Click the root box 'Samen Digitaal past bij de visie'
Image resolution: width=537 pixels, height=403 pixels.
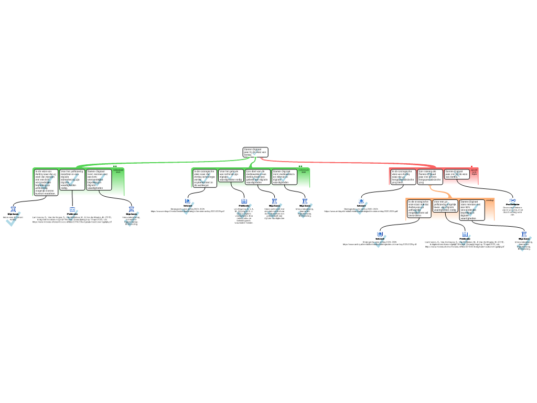pyautogui.click(x=255, y=152)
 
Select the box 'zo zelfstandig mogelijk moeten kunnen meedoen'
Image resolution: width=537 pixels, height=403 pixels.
pyautogui.click(x=46, y=182)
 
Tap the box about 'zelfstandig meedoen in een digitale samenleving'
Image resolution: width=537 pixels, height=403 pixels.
pyautogui.click(x=72, y=179)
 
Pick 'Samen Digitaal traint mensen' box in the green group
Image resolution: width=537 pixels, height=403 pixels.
pyautogui.click(x=99, y=179)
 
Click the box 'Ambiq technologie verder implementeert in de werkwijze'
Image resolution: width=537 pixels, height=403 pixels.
pyautogui.click(x=205, y=178)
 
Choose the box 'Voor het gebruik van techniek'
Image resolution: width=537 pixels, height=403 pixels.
pyautogui.click(x=231, y=175)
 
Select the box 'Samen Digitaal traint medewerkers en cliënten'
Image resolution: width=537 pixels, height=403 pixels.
pyautogui.click(x=284, y=176)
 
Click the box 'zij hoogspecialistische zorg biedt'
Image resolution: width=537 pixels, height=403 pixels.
pyautogui.click(x=403, y=176)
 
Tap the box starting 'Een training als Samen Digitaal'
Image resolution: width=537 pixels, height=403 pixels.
pyautogui.click(x=430, y=176)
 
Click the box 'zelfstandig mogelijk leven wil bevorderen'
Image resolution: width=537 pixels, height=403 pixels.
pyautogui.click(x=419, y=208)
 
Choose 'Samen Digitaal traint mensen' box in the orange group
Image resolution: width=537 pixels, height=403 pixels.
pyautogui.click(x=472, y=209)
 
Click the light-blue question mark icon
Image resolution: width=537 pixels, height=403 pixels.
pyautogui.click(x=513, y=208)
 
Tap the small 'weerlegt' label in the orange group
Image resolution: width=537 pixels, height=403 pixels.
pyautogui.click(x=490, y=200)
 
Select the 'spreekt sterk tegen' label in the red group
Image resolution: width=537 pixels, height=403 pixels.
pyautogui.click(x=474, y=172)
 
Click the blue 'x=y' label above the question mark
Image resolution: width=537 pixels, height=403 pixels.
pyautogui.click(x=513, y=200)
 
